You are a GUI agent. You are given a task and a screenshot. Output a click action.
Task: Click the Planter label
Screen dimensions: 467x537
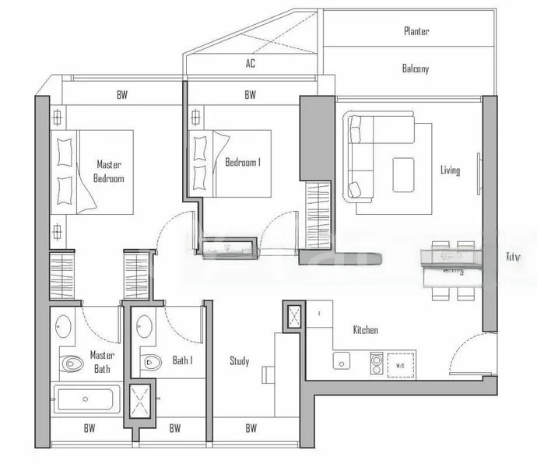pos(416,31)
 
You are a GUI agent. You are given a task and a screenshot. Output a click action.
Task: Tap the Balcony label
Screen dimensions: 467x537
pos(415,68)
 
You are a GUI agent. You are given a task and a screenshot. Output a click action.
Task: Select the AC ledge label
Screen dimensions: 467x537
pos(251,64)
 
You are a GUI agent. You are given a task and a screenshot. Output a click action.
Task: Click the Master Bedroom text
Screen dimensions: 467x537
pos(110,171)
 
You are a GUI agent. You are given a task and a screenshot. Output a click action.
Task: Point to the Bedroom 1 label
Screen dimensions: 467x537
pos(242,163)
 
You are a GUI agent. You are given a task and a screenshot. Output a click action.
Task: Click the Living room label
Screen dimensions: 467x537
pos(450,170)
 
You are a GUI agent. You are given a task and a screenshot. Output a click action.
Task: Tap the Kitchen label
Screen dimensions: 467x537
pos(365,330)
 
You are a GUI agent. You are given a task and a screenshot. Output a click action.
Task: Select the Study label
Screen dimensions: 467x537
pos(239,361)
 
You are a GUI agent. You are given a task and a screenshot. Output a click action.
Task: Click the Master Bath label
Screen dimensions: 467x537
pos(102,361)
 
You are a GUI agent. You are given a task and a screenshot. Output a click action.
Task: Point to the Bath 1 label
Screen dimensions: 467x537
pos(182,361)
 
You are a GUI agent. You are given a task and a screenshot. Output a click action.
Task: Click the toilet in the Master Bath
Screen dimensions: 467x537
pos(72,363)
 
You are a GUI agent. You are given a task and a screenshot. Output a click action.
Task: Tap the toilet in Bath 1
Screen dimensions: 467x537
pos(151,361)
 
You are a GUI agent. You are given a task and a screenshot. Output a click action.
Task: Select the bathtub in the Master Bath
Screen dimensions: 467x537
pos(86,402)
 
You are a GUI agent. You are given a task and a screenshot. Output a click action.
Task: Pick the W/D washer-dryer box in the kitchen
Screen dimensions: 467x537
pos(401,363)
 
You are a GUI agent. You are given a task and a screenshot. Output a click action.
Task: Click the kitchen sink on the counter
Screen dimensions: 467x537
pos(341,360)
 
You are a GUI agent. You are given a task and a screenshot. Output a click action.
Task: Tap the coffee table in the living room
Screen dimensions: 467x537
pos(403,174)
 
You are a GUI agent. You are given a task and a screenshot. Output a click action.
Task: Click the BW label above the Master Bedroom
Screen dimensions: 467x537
pos(122,95)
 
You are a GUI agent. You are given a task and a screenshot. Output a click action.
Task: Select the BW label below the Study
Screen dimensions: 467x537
pos(251,428)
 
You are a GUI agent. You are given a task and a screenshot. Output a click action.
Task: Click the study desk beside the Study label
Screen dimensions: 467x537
pos(268,374)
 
